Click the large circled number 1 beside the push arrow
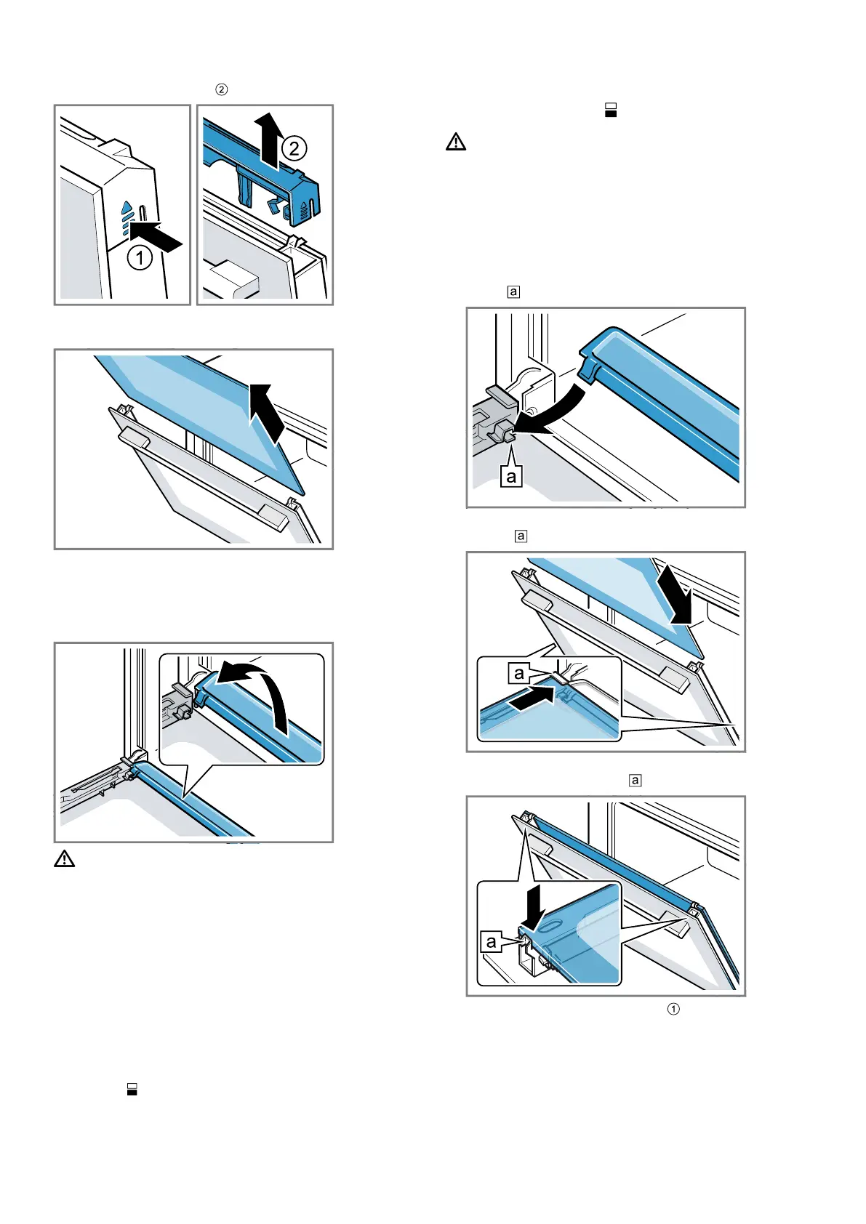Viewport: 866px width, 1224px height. pos(140,258)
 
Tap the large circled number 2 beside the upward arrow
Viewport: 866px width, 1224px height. pos(294,148)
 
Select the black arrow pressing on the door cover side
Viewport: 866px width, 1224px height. pos(156,236)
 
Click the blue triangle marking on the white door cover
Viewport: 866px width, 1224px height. pos(127,208)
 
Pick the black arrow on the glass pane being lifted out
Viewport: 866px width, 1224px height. pos(268,413)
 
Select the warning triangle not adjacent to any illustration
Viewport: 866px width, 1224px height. pos(456,142)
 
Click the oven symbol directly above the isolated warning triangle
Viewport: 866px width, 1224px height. pos(611,110)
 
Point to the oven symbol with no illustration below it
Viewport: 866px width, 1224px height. pos(132,1089)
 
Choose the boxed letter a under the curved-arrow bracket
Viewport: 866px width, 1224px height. pos(511,477)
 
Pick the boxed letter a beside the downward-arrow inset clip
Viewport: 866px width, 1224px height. pos(491,941)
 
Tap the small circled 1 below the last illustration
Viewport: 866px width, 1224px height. pos(673,1010)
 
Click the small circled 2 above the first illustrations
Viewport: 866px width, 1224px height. pos(222,89)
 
